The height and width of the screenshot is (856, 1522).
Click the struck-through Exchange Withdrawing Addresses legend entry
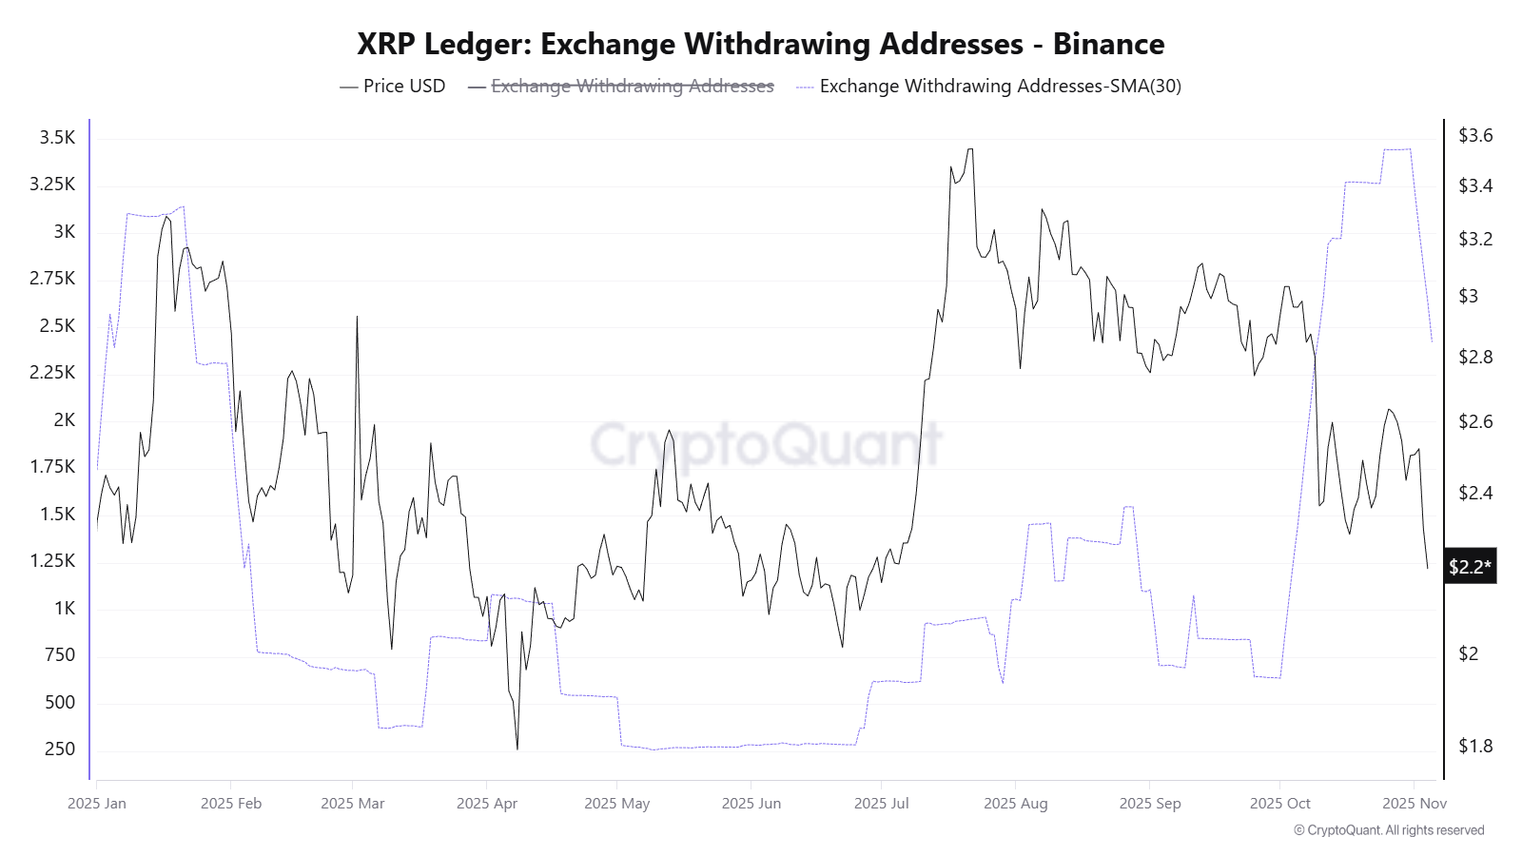632,86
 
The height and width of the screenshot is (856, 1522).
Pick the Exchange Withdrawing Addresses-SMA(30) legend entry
1000,86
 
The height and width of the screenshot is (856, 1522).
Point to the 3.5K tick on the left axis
57,138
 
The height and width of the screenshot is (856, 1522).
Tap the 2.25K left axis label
52,372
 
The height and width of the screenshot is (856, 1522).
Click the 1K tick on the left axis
65,608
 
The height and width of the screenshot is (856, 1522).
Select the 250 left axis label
60,749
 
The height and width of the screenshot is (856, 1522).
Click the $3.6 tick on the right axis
1475,135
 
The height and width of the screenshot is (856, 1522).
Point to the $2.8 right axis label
1475,357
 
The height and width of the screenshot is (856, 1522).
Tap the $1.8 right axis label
1475,746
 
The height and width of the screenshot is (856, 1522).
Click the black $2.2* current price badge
1470,567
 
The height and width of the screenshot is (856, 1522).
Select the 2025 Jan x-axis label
97,803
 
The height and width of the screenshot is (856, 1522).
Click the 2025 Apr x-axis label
487,803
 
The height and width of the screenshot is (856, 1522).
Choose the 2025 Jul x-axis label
881,803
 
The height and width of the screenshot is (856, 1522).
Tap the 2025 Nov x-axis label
1415,803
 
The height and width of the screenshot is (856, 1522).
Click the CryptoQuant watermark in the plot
767,443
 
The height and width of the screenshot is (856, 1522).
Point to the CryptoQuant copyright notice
1389,830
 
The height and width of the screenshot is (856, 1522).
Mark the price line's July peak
970,149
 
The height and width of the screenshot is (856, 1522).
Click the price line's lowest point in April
517,749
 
